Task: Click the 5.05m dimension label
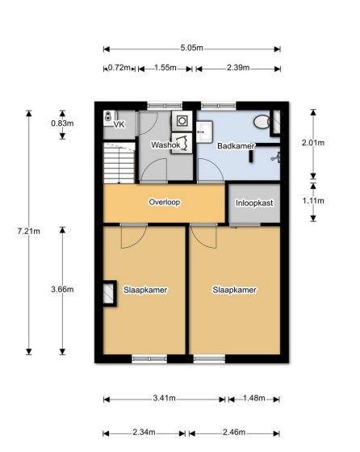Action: pos(191,48)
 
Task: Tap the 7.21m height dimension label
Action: pos(28,231)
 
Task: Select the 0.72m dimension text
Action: pos(119,68)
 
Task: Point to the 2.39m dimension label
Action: pos(238,68)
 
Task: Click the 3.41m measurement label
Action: pos(165,399)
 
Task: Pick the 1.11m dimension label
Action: pos(313,201)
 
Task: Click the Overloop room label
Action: pos(165,202)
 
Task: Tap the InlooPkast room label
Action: pos(254,203)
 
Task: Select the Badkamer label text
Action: pos(236,146)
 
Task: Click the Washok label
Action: pos(165,144)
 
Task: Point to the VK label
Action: pos(119,124)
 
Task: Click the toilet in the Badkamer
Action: pos(262,122)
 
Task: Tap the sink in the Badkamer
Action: pos(205,132)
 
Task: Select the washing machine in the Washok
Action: pos(182,121)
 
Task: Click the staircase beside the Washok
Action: pos(119,163)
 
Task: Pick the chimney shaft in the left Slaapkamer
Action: pos(109,294)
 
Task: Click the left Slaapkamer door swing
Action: pos(134,237)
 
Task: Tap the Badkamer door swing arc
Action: pos(210,170)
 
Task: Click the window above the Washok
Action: pos(165,106)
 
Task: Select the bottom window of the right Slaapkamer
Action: pos(209,359)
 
